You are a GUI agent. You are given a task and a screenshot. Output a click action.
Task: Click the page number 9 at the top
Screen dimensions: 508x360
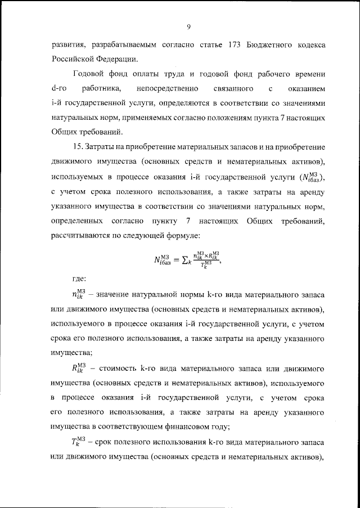[x=188, y=26]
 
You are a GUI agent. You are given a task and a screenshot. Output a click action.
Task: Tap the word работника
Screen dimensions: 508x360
[x=103, y=89]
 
